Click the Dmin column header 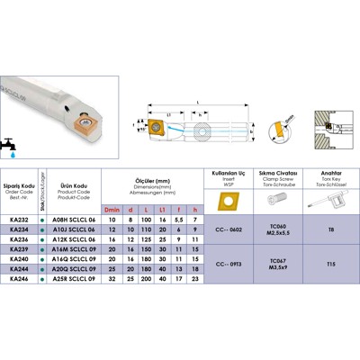point(112,209)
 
